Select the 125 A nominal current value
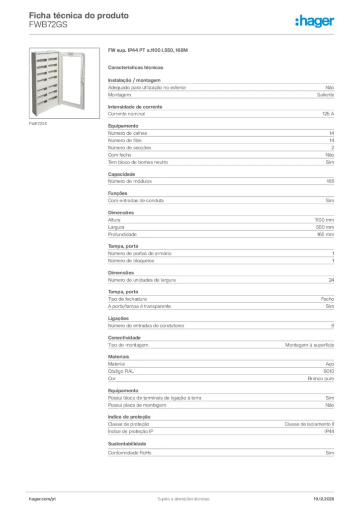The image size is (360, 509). (x=328, y=114)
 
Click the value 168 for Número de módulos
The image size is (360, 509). (x=330, y=181)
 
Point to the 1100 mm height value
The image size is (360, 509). (x=324, y=220)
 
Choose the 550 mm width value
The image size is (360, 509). (x=326, y=227)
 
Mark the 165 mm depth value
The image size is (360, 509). (x=326, y=235)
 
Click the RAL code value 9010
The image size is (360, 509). (x=329, y=371)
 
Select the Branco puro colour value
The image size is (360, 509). (x=321, y=379)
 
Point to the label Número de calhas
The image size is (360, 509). (x=127, y=133)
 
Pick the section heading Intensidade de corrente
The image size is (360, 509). (x=135, y=107)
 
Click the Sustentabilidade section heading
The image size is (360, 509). (x=127, y=444)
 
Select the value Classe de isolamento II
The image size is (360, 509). (x=309, y=424)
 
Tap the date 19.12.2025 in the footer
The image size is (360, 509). (x=324, y=499)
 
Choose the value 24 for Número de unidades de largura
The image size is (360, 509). (x=331, y=280)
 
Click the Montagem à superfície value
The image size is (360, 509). (x=310, y=345)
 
